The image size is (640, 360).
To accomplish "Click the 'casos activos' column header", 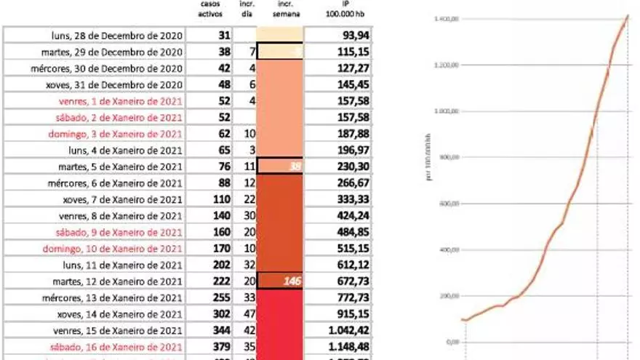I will click(209, 10).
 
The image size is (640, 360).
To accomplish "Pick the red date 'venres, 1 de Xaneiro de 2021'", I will click(127, 101).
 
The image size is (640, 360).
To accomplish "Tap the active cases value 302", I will click(220, 314).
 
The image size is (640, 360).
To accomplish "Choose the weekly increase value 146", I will click(292, 281).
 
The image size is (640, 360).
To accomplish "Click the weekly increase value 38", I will click(294, 167).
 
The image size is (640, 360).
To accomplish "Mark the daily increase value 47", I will click(247, 314).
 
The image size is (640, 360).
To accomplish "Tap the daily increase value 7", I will click(252, 52).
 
